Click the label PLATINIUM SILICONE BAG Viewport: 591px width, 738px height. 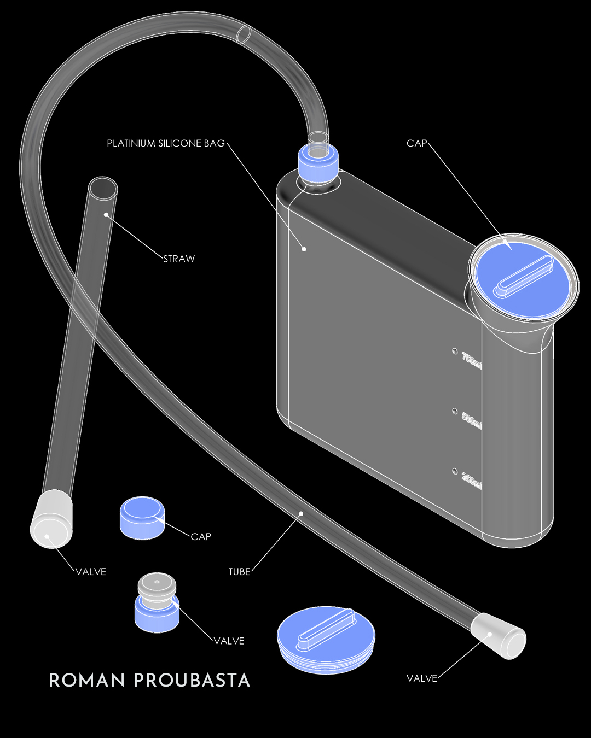point(165,144)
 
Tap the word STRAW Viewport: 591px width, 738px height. point(179,259)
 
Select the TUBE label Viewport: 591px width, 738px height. point(239,572)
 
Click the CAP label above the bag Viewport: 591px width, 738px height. point(416,144)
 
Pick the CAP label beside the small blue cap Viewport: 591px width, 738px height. point(201,537)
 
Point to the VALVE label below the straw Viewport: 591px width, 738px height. point(91,572)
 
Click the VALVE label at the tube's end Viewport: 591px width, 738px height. point(422,678)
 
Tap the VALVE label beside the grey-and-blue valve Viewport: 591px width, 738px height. point(229,641)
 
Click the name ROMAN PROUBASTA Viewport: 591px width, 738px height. point(149,681)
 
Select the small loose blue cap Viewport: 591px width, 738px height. point(142,518)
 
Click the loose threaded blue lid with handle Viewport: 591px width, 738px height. point(326,640)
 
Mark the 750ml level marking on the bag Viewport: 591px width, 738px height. point(471,360)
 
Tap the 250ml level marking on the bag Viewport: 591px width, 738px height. point(471,479)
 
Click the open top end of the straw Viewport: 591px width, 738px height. point(103,187)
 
